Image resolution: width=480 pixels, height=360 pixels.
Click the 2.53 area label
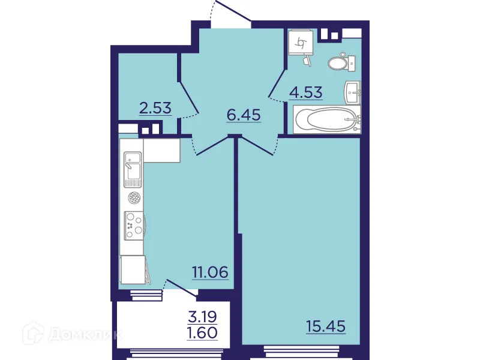pos(155,109)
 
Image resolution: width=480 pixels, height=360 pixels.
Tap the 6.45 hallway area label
pos(243,115)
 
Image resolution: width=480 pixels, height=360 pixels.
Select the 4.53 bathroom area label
pos(306,93)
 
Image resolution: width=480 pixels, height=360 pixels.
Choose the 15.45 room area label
pos(325,327)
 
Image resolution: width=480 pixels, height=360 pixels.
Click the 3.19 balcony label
pos(202,316)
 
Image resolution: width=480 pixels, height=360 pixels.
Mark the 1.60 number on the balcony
pos(202,332)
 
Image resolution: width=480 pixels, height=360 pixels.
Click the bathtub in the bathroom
pos(326,119)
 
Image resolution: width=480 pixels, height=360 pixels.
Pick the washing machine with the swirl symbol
pos(300,43)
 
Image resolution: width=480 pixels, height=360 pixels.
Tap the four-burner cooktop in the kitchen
pos(133,226)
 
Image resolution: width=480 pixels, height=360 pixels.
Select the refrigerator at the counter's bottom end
pos(133,269)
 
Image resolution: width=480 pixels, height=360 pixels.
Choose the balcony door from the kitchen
pos(181,287)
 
